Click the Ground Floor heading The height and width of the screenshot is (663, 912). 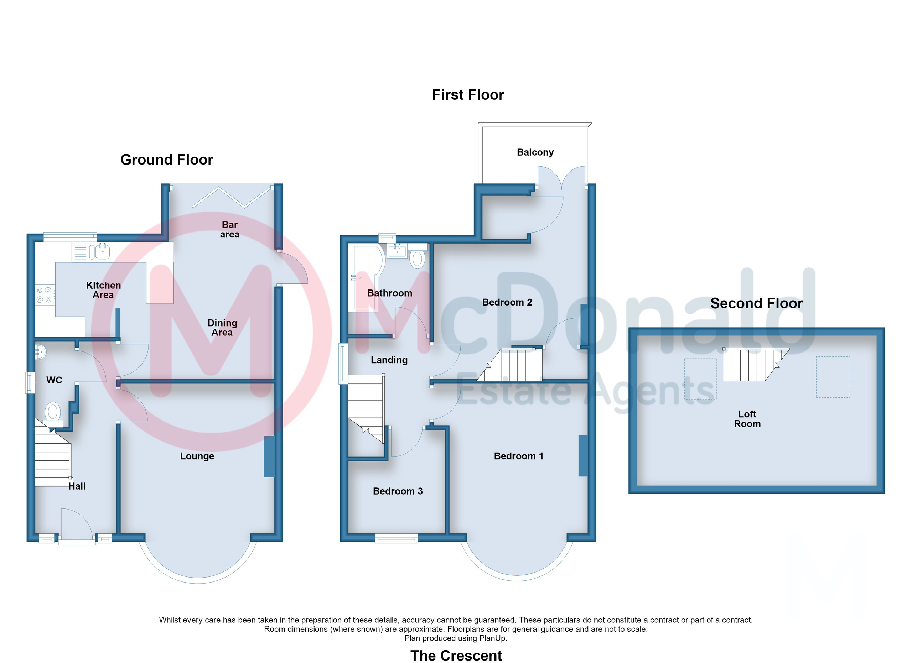(x=166, y=160)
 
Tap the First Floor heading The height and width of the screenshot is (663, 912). (x=468, y=95)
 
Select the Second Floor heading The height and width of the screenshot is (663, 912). (x=756, y=303)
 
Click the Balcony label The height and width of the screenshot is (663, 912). (x=535, y=152)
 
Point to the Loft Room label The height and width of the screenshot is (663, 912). (x=747, y=419)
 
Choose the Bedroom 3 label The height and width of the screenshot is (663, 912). (x=398, y=491)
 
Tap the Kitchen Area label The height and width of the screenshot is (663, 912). (x=103, y=290)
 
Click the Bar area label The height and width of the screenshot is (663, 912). (x=230, y=229)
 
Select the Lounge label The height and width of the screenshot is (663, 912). (x=197, y=456)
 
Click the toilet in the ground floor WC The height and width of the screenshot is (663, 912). (x=53, y=414)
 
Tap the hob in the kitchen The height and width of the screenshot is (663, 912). (x=45, y=294)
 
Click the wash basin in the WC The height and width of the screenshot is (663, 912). (x=40, y=352)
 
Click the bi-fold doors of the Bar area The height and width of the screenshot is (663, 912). (x=232, y=197)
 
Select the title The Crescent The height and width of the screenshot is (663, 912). (x=456, y=656)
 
